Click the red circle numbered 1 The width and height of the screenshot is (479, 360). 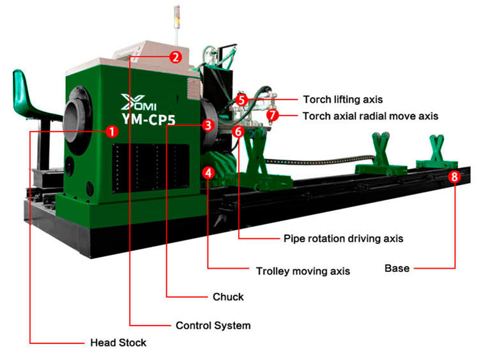click(x=111, y=132)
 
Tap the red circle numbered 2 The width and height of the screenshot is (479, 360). click(x=174, y=56)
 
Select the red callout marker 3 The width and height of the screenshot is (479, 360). click(x=207, y=126)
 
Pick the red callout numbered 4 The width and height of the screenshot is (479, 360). click(x=208, y=172)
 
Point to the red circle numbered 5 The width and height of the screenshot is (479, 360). click(x=241, y=100)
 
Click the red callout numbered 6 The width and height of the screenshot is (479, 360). click(x=238, y=131)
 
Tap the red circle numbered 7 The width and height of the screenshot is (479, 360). click(x=273, y=116)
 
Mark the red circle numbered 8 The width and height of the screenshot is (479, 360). click(x=453, y=177)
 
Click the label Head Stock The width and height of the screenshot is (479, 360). click(x=118, y=343)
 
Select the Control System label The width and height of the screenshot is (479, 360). click(x=213, y=326)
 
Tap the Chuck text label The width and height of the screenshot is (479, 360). click(x=228, y=297)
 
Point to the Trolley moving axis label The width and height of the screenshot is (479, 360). click(x=303, y=271)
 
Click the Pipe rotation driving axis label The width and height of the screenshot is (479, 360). click(x=343, y=239)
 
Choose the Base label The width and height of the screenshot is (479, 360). click(x=397, y=268)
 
